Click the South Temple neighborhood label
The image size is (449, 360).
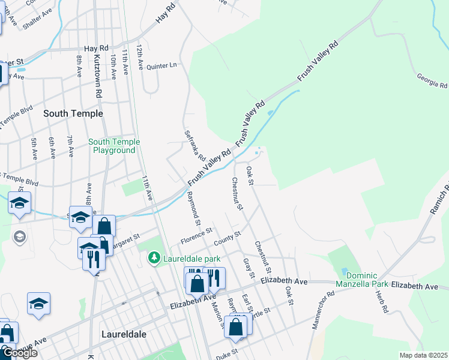point(73,113)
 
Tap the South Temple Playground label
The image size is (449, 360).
point(114,146)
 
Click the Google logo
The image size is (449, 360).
point(19,353)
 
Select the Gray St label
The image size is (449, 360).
point(247,268)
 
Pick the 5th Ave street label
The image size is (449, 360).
point(34,146)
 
